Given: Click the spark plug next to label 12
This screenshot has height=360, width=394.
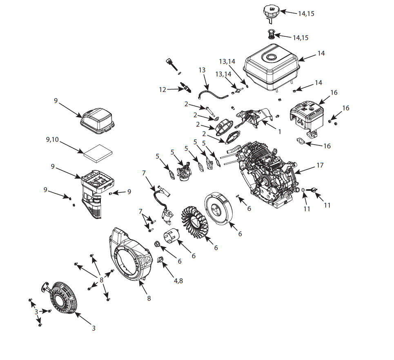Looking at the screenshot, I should pos(185,87).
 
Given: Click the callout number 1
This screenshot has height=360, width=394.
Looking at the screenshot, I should pos(280,132).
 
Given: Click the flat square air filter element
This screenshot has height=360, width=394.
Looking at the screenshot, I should pos(98,153).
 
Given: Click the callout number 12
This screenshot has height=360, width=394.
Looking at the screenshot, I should pos(163,89).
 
